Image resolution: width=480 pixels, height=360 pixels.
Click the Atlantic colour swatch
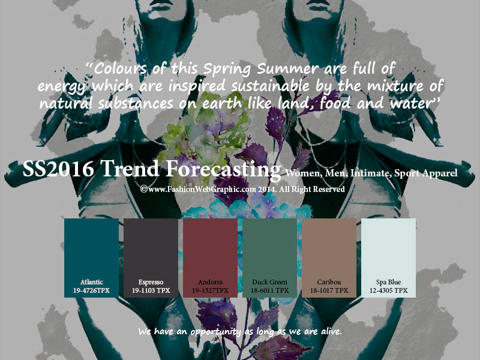91,258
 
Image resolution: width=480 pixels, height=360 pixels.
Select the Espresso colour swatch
151,258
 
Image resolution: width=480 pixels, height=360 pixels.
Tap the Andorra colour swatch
210,258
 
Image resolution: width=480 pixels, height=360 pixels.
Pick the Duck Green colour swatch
269,258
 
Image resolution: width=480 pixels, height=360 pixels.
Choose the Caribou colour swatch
329,258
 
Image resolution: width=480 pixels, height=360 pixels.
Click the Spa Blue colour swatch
388,258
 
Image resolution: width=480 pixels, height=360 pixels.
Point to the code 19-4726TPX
91,290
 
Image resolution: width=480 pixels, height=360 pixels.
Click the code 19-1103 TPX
151,290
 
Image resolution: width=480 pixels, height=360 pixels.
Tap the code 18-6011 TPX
269,290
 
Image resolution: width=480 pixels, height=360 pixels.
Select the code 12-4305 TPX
388,290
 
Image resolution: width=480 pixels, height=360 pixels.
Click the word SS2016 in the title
58,169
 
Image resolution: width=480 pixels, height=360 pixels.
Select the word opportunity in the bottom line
215,332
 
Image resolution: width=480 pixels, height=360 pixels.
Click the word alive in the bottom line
331,331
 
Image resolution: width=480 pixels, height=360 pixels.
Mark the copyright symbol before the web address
144,189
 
